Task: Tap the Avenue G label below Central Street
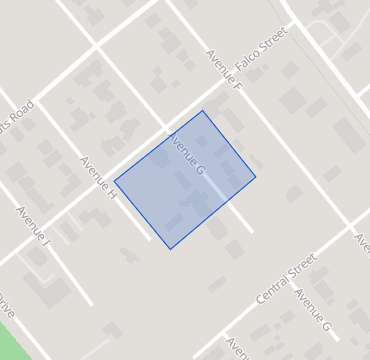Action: (x=313, y=312)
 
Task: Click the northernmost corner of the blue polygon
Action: (x=203, y=111)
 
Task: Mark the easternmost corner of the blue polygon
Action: (x=255, y=177)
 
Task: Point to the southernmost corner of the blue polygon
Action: (x=170, y=249)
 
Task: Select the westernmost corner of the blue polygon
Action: (x=115, y=181)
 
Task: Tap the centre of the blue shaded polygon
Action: (x=186, y=180)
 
